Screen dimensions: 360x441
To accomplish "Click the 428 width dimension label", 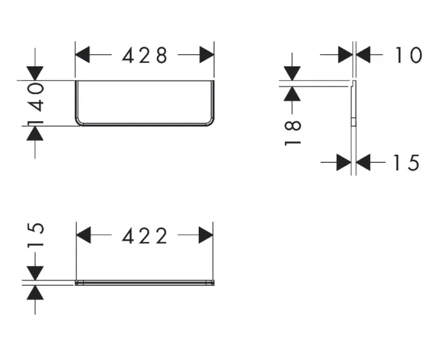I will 145,55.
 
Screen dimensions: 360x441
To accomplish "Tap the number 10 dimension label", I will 408,55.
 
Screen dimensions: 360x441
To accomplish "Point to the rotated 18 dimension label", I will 292,132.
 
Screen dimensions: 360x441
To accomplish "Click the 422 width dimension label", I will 145,235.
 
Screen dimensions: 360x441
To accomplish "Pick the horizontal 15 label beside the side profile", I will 406,163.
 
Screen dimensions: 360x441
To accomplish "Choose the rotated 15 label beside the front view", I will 36,235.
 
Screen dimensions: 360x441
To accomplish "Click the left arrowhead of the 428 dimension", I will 83,55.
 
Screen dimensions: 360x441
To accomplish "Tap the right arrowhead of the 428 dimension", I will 206,55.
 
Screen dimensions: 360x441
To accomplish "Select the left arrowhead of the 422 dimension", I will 84,235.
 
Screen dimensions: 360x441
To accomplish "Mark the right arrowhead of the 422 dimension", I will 206,235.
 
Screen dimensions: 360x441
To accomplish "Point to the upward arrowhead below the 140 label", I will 35,133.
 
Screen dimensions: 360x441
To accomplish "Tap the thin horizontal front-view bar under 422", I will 145,282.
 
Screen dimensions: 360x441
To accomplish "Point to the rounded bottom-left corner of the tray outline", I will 79,121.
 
